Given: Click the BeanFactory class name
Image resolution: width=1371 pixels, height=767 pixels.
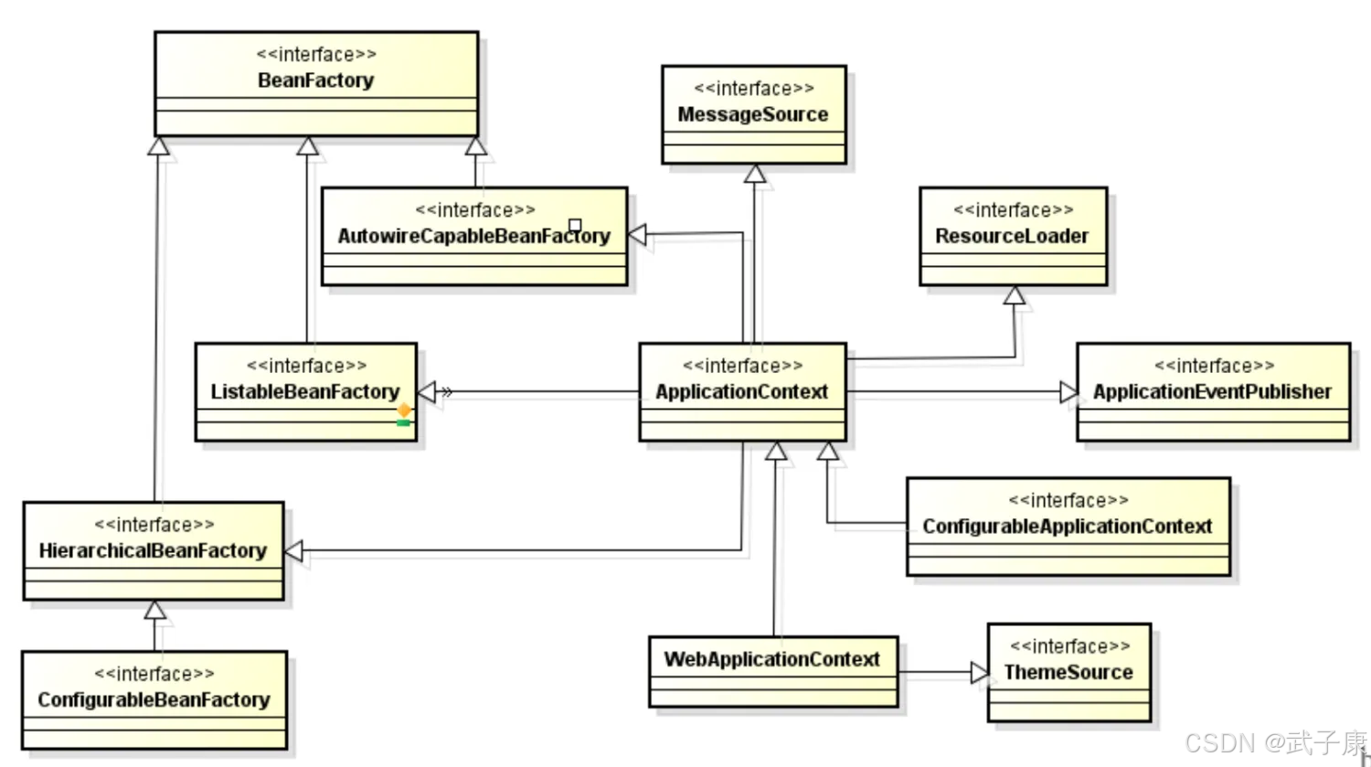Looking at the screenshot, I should pos(315,80).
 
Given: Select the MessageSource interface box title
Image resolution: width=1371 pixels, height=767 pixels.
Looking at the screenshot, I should pos(753,114).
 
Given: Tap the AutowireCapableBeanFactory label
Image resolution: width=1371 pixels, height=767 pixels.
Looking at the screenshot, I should pos(473,236).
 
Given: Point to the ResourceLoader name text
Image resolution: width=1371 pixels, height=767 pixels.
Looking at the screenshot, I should pos(1012,236).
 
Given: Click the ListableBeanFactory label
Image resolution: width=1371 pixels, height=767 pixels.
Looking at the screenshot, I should pos(304,392).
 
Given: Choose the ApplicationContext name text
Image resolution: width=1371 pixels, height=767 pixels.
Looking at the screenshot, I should pos(741,392).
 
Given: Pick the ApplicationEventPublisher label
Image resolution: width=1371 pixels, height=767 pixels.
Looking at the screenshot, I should pos(1212,392).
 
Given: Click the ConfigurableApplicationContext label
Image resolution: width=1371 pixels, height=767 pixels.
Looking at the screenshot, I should pos(1067,527).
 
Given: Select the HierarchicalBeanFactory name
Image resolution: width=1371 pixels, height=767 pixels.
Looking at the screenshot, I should pos(153,550).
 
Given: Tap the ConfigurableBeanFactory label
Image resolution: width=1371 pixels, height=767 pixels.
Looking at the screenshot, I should pos(154,700).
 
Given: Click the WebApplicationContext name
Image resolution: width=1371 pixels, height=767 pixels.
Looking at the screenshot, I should pos(771,659).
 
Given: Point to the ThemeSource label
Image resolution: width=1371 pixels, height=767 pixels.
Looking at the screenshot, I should pos(1068,673).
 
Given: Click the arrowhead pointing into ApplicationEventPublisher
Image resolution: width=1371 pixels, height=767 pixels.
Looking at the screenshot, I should pos(1068,392).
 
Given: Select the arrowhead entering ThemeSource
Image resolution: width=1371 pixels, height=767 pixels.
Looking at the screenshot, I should pos(979,673).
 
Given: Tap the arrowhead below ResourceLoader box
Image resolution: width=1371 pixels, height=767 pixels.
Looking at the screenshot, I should pos(1014,295).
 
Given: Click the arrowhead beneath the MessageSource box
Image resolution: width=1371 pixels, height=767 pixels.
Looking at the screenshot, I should pos(754,174).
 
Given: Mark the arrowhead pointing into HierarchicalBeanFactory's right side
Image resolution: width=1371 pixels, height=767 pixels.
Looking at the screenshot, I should pos(294,551).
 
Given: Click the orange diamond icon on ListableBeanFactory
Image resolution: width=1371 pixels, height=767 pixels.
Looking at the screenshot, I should pos(404,410).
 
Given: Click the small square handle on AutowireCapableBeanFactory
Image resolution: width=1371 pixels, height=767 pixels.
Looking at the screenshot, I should pos(575,225).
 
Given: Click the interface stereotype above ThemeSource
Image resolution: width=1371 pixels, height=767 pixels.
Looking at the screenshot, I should pos(1069,646).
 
